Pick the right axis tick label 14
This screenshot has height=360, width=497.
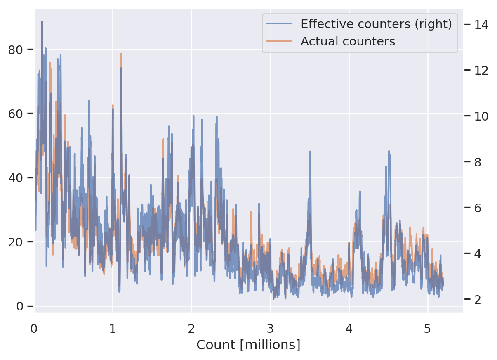pos(482,25)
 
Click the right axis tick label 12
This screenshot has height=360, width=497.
pos(482,70)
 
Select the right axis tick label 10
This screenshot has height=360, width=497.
pos(482,116)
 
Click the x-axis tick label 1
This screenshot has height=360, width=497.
pos(113,329)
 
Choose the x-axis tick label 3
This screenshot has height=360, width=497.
pos(271,329)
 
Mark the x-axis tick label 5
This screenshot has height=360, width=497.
pos(428,329)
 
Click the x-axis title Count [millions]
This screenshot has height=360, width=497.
pos(248,345)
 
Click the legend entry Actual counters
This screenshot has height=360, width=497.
pos(348,41)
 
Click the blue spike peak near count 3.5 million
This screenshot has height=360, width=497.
pos(310,152)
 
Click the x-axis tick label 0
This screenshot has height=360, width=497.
pos(34,329)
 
